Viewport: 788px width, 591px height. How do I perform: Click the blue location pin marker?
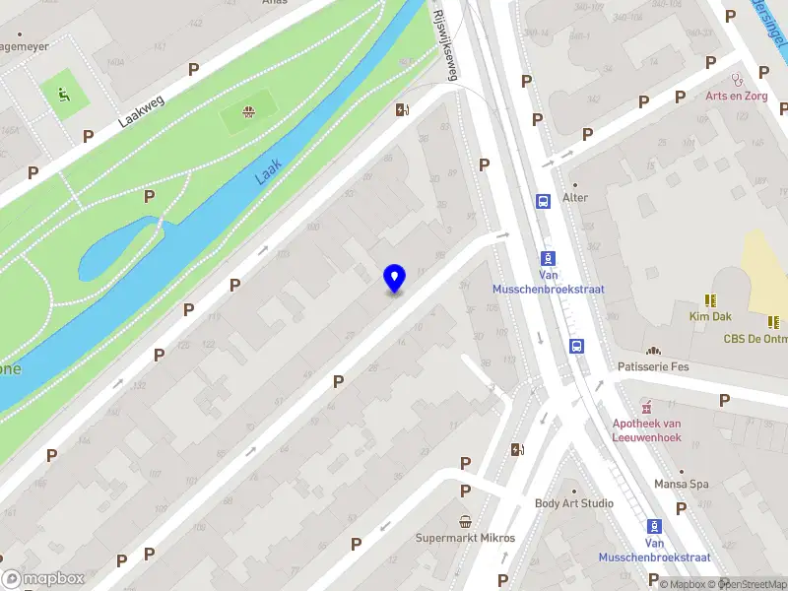coord(395,278)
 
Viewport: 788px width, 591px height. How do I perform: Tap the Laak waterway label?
coord(267,173)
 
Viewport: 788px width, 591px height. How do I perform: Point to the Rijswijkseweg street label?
coord(446,46)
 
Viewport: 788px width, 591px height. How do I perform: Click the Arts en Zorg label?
coord(735,96)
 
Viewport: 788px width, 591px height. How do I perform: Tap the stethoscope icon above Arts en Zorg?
coord(735,78)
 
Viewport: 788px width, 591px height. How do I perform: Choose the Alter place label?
coord(575,197)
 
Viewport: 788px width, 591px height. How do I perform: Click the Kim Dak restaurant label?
coord(709,316)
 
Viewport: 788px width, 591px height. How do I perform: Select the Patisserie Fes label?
coord(653,366)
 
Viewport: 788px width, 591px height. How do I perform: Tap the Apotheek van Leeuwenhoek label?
coord(647,430)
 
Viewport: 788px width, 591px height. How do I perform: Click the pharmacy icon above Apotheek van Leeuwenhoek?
coord(646,405)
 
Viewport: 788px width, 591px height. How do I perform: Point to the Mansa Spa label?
coord(682,485)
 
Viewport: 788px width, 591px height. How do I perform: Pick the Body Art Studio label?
coord(574,503)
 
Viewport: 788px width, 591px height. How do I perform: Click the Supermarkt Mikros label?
coord(466,538)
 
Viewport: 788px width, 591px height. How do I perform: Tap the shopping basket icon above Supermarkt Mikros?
coord(466,520)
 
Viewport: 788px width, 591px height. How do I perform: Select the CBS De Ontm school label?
coord(755,339)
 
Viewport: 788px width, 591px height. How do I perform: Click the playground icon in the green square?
coord(63,96)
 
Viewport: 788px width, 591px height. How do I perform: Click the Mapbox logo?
coord(43,579)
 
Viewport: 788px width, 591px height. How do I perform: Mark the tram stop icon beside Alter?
coord(543,201)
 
